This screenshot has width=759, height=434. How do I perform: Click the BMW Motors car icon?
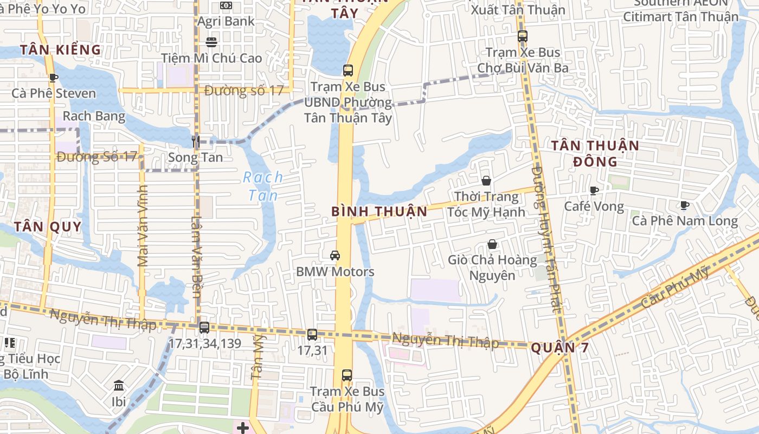click(x=335, y=256)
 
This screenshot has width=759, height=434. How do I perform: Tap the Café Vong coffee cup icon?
click(x=594, y=190)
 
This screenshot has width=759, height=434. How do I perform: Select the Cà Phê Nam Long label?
click(x=684, y=221)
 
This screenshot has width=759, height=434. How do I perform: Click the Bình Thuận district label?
click(x=379, y=211)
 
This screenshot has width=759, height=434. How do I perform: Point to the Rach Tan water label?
click(x=263, y=186)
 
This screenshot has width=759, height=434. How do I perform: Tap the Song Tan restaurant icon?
click(x=196, y=142)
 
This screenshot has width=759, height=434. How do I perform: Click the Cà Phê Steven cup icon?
click(x=53, y=78)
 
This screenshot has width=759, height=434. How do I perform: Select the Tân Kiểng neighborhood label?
click(x=61, y=50)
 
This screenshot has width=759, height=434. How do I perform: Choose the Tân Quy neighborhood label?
click(x=48, y=227)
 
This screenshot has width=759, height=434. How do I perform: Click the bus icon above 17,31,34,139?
click(x=204, y=328)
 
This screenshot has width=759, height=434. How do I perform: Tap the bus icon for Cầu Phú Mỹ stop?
click(x=347, y=375)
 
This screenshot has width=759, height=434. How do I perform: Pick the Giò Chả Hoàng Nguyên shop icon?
click(x=492, y=245)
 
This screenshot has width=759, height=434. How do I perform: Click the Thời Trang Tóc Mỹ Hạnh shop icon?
click(x=486, y=181)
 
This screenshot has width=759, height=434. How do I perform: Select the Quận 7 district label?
click(x=559, y=348)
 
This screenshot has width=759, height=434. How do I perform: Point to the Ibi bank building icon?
click(x=119, y=386)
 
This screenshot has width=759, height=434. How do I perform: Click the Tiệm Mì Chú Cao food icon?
click(x=211, y=42)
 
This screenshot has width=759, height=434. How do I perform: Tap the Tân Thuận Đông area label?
click(x=595, y=153)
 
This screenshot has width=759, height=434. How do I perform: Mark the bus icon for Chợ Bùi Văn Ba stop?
click(x=523, y=36)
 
